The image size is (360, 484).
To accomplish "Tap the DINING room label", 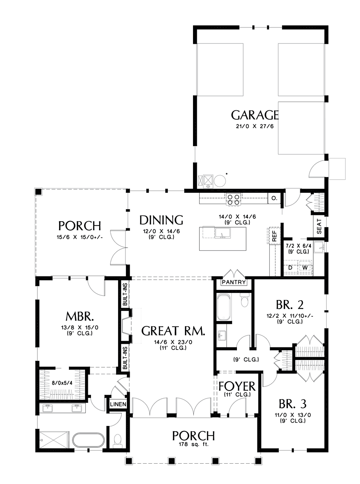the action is click(x=161, y=220).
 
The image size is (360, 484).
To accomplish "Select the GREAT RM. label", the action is click(x=173, y=337).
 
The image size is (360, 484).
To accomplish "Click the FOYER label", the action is click(x=237, y=386).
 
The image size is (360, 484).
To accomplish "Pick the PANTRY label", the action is click(x=234, y=282).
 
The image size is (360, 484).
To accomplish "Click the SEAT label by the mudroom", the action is click(x=319, y=227).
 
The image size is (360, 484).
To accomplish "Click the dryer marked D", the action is click(x=290, y=268).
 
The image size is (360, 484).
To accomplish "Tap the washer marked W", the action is click(x=305, y=268).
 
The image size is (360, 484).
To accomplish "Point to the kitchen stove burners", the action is click(x=233, y=199).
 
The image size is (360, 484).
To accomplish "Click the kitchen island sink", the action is click(x=223, y=233).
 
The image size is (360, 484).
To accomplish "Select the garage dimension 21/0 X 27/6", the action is click(x=255, y=126).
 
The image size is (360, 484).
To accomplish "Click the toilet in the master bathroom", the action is click(x=118, y=440).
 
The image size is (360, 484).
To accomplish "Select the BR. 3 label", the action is click(x=292, y=404).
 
